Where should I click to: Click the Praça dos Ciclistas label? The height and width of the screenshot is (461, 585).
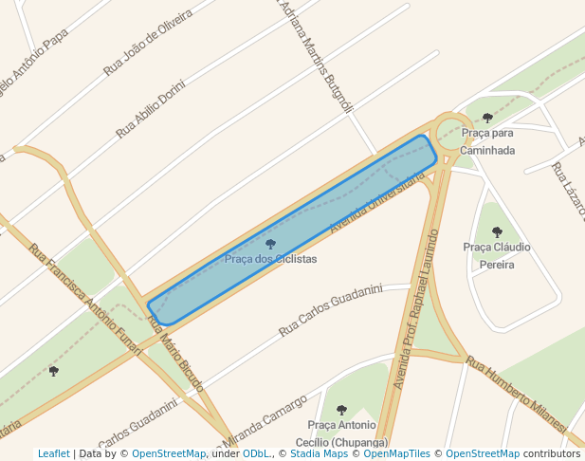tap(270, 259)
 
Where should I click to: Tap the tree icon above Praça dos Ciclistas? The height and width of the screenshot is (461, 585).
tap(270, 245)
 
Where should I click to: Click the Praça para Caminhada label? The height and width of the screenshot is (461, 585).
tap(487, 141)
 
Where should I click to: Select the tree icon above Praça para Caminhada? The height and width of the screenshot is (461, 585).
tap(487, 119)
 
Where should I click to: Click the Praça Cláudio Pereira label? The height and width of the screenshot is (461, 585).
tap(496, 255)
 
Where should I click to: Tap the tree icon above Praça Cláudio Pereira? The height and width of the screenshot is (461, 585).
tap(497, 231)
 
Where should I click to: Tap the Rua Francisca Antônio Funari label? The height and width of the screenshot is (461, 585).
tap(84, 300)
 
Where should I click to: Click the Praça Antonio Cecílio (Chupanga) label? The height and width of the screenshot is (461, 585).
tap(341, 433)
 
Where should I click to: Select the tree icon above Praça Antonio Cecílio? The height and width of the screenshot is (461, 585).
tap(341, 411)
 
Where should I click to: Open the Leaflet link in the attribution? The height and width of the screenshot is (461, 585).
tap(53, 454)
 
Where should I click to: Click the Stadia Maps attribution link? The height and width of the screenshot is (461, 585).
tap(318, 454)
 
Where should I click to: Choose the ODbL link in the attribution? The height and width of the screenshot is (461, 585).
tap(255, 454)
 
